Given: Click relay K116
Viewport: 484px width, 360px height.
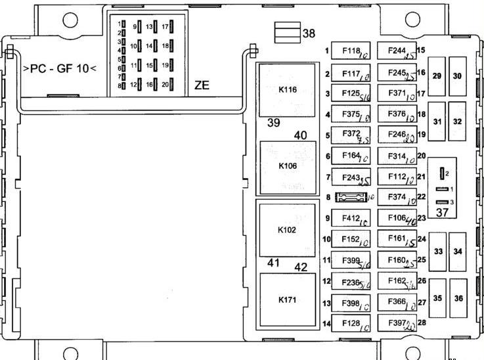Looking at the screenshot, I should coord(288,90).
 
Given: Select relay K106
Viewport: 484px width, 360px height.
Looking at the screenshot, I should coord(288,166).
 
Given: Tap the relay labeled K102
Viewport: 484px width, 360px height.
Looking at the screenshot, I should coord(288,231).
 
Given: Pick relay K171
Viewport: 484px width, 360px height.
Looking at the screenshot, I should coord(288,300).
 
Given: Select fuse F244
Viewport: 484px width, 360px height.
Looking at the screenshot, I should coord(398,51).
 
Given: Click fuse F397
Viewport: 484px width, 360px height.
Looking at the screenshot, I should coord(398,323).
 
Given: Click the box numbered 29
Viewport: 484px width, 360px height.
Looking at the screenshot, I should coord(437,76).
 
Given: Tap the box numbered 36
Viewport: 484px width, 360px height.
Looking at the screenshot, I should coord(458,298).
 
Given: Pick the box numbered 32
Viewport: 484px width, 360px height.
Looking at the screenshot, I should coord(458,122).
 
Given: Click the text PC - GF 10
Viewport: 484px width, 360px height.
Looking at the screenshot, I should coord(60,68).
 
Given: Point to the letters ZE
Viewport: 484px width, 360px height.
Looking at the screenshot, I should coord(202,85).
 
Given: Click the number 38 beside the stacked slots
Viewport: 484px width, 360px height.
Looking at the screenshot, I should coord(309,33).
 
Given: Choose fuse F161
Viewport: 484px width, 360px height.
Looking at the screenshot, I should coord(398,240).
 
